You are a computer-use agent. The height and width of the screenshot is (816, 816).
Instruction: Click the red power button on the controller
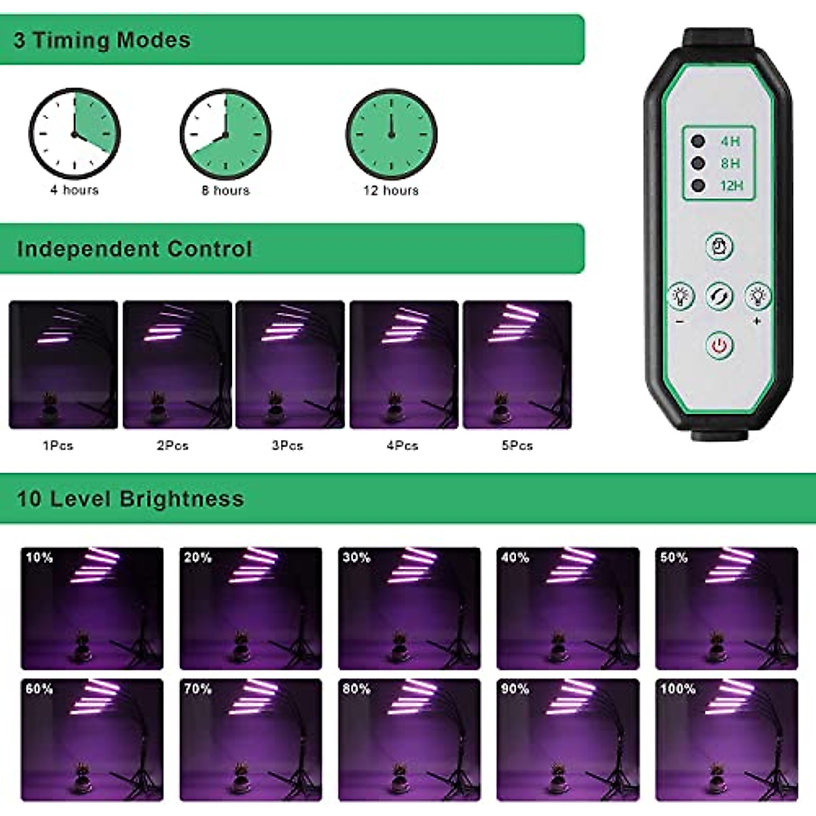pyautogui.click(x=719, y=345)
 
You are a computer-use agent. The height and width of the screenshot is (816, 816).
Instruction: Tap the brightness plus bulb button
pyautogui.click(x=757, y=296)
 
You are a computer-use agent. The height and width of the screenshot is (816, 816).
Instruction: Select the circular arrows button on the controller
pyautogui.click(x=719, y=296)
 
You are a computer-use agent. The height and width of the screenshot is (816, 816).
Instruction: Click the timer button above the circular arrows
pyautogui.click(x=719, y=245)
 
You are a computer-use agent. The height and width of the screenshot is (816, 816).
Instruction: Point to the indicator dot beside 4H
pyautogui.click(x=698, y=141)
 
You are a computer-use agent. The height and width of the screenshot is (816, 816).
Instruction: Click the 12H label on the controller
pyautogui.click(x=731, y=185)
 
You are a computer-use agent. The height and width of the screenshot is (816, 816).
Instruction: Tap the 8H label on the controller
pyautogui.click(x=730, y=163)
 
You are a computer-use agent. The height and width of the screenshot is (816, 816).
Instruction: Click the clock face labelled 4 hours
pyautogui.click(x=74, y=133)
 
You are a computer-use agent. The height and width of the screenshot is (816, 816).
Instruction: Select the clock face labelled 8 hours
pyautogui.click(x=225, y=134)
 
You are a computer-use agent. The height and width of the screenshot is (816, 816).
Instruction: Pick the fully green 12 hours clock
pyautogui.click(x=391, y=134)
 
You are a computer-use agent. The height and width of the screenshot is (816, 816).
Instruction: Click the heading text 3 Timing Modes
pyautogui.click(x=102, y=40)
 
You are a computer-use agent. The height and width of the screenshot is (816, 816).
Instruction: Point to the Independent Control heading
pyautogui.click(x=135, y=249)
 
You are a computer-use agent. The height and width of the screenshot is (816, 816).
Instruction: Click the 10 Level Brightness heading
pyautogui.click(x=130, y=498)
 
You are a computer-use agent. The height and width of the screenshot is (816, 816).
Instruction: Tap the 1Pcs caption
pyautogui.click(x=58, y=445)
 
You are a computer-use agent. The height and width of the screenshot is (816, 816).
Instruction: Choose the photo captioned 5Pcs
pyautogui.click(x=517, y=364)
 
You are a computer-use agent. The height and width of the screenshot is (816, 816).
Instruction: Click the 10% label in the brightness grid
pyautogui.click(x=39, y=558)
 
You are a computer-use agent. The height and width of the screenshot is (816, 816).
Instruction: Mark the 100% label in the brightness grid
pyautogui.click(x=677, y=689)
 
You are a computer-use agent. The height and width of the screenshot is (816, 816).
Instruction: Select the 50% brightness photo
pyautogui.click(x=726, y=609)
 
